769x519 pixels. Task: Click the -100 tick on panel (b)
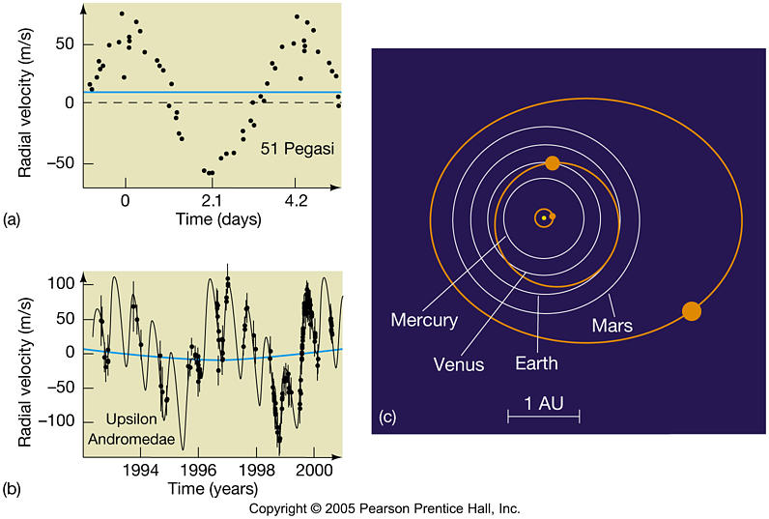(61, 421)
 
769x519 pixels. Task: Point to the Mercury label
(425, 318)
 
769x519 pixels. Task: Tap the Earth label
(535, 364)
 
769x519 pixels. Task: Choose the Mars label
(612, 326)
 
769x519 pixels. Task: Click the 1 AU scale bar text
(543, 399)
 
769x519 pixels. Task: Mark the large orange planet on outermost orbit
(691, 310)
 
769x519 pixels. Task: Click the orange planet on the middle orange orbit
(552, 163)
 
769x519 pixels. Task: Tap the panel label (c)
(387, 418)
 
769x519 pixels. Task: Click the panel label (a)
(12, 219)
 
